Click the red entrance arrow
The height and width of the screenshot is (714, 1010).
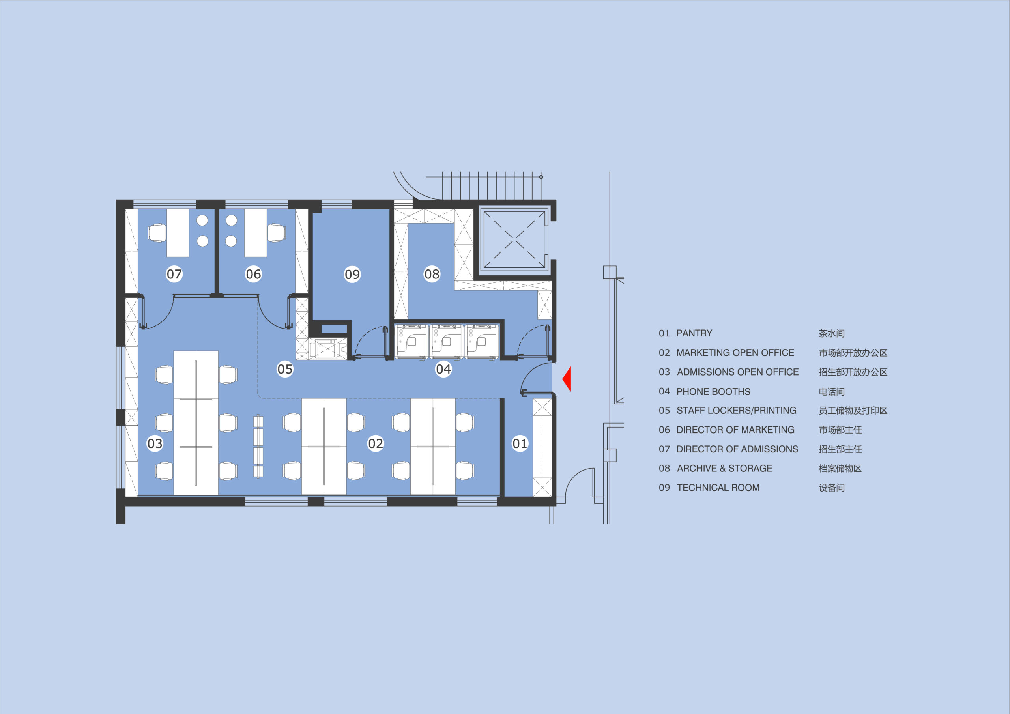(567, 379)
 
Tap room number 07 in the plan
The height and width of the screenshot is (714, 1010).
(174, 274)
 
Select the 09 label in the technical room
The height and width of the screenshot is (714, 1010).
(352, 274)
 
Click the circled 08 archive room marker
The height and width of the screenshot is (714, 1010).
(432, 274)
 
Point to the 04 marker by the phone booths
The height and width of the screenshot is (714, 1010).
(443, 369)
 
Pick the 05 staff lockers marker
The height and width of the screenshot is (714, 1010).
(285, 369)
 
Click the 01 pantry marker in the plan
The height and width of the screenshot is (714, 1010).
(520, 443)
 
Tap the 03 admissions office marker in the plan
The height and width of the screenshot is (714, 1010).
(155, 443)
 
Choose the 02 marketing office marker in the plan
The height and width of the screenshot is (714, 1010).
(375, 443)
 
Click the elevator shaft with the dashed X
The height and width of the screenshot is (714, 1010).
(514, 240)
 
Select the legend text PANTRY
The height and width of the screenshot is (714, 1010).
(694, 333)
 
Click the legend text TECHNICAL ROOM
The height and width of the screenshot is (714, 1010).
(718, 488)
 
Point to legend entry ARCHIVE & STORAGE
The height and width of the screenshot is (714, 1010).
(724, 468)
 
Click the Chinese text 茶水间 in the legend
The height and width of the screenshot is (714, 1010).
(831, 333)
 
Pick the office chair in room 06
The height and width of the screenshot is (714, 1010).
(276, 233)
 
